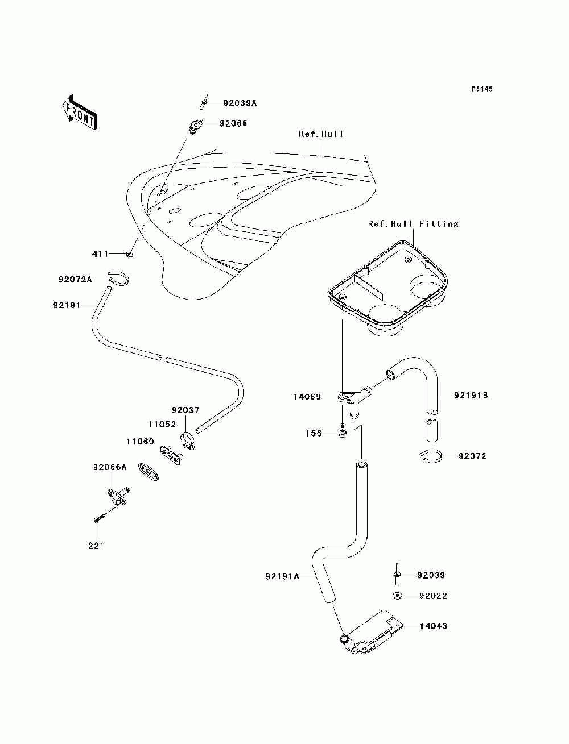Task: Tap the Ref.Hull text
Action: pos(321,134)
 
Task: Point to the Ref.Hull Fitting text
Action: pos(413,224)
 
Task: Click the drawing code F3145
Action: pos(482,89)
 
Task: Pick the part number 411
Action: pos(100,253)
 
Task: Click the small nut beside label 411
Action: pos(130,254)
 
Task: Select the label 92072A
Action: pos(75,279)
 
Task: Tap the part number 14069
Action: pos(307,397)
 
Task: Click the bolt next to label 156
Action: pos(342,432)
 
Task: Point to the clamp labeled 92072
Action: pos(431,456)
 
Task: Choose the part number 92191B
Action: pos(471,395)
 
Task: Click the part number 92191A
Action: pos(282,576)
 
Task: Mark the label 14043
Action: pos(433,626)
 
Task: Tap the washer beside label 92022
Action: pos(398,596)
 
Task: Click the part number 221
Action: pos(96,546)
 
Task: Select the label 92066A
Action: pos(110,467)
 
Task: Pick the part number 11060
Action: pos(140,442)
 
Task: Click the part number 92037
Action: pos(185,410)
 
